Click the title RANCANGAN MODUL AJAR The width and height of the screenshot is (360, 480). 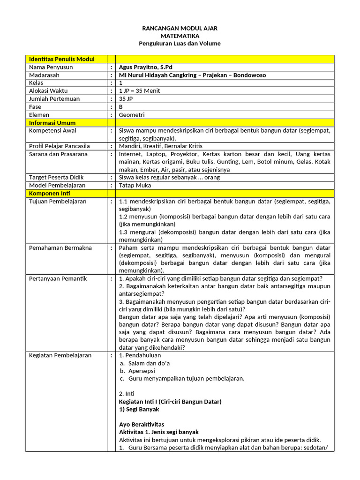(x=180, y=29)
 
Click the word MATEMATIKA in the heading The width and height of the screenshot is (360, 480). (x=180, y=36)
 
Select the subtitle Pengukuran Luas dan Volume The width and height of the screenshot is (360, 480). (x=180, y=44)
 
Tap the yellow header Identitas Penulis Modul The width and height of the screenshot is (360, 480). (x=61, y=59)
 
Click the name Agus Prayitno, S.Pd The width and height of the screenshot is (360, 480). (x=146, y=67)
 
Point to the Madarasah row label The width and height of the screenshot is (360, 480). (x=45, y=75)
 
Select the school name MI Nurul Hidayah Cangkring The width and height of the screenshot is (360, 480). (x=173, y=75)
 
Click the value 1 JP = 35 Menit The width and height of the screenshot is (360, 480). (x=140, y=91)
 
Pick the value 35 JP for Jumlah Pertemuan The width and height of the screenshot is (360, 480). (x=127, y=99)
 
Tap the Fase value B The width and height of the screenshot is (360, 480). (x=121, y=107)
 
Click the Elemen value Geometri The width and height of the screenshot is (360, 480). (x=132, y=115)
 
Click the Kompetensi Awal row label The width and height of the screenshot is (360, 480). (x=52, y=131)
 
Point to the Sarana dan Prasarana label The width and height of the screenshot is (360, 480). (x=58, y=154)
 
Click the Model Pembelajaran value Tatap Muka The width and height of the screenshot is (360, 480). (x=135, y=186)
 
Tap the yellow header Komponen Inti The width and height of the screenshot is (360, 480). (x=51, y=194)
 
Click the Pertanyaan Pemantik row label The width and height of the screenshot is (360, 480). (x=58, y=279)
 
